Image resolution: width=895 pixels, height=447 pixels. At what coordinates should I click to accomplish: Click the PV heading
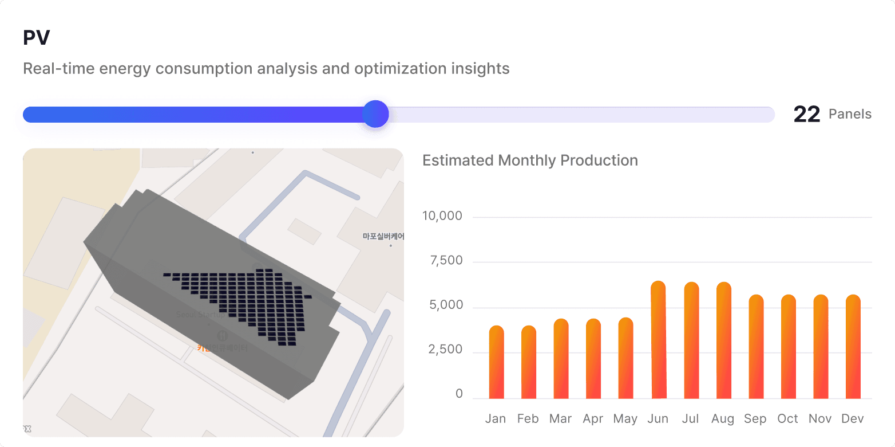pyautogui.click(x=37, y=38)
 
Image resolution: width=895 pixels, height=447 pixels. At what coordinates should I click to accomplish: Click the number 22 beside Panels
pyautogui.click(x=807, y=115)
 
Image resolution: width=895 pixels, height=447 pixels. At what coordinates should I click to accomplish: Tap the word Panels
pyautogui.click(x=850, y=115)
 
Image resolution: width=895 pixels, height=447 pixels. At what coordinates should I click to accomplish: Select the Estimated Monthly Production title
pyautogui.click(x=530, y=160)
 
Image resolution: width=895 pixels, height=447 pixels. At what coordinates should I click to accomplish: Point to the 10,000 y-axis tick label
pyautogui.click(x=442, y=217)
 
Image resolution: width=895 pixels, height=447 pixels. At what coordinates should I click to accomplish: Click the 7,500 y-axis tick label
pyautogui.click(x=445, y=261)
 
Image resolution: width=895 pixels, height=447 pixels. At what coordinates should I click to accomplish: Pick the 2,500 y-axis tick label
pyautogui.click(x=445, y=350)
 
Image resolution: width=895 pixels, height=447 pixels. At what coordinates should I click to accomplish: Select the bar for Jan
pyautogui.click(x=496, y=362)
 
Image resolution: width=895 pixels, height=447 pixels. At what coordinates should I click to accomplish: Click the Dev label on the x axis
pyautogui.click(x=853, y=419)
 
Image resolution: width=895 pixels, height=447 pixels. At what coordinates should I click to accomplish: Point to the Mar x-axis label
pyautogui.click(x=560, y=419)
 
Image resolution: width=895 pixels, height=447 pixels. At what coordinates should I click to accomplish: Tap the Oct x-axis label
pyautogui.click(x=787, y=419)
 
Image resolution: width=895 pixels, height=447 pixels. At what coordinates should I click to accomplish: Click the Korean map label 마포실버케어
pyautogui.click(x=383, y=236)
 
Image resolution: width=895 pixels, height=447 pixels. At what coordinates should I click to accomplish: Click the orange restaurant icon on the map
pyautogui.click(x=223, y=335)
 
